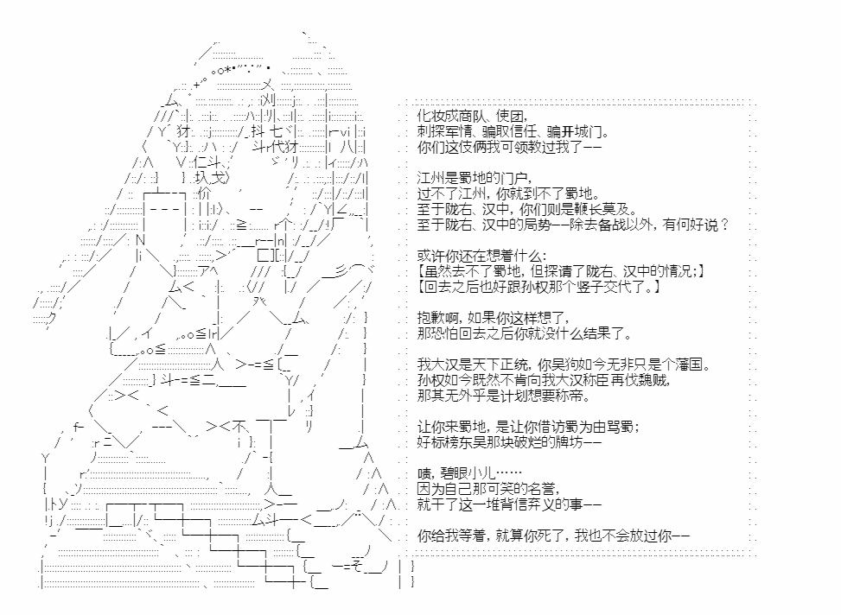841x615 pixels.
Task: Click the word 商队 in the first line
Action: click(x=470, y=116)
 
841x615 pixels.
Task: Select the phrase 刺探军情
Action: click(x=443, y=131)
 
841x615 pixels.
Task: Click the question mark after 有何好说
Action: click(x=724, y=225)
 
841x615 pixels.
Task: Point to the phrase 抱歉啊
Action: click(x=436, y=318)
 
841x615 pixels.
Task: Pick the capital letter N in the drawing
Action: click(x=141, y=239)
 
